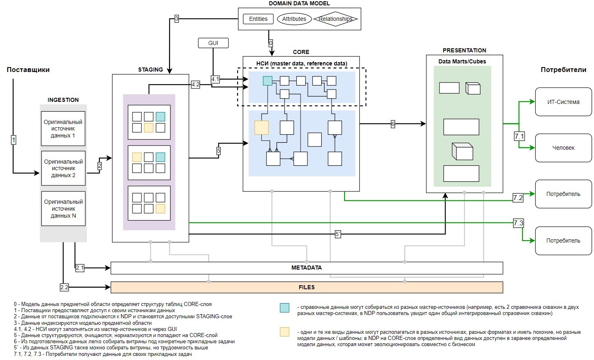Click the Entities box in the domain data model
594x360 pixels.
[258, 19]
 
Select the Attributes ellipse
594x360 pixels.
[294, 19]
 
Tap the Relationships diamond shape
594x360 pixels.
[335, 19]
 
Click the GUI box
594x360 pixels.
[213, 43]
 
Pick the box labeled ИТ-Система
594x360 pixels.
[563, 102]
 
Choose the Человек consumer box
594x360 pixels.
[563, 148]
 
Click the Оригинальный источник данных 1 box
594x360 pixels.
[63, 128]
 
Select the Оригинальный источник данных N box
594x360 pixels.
[63, 209]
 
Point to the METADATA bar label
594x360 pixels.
[306, 268]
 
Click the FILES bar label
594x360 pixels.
[306, 287]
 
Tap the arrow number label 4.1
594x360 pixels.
[215, 79]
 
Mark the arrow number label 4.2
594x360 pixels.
[195, 85]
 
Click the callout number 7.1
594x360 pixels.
[519, 136]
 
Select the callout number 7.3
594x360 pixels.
[518, 223]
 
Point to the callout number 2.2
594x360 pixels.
[64, 287]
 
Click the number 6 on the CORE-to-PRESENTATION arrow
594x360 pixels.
[393, 124]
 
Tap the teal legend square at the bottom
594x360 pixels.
[285, 308]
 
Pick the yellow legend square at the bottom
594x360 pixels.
[285, 332]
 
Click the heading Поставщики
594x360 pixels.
[28, 70]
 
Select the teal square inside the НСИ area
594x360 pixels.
[267, 81]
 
